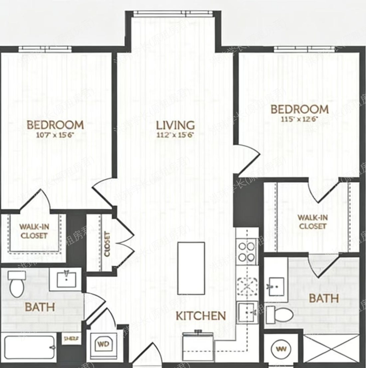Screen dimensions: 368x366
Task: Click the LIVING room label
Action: point(176,125)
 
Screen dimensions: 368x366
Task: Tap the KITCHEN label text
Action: point(201,316)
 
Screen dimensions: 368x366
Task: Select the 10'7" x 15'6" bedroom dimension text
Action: point(55,135)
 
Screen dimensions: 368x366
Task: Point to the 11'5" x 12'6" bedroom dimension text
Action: point(299,119)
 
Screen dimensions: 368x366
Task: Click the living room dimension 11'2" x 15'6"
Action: point(176,135)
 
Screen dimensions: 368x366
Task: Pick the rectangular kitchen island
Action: point(191,268)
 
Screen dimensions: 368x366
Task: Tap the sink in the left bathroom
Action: point(67,279)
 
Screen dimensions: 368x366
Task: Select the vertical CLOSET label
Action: point(107,244)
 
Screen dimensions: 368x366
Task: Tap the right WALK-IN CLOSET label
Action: point(312,222)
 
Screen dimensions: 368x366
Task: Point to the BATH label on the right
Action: point(323,298)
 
